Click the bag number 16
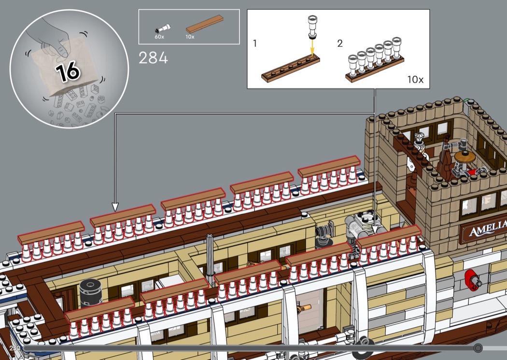click(67, 71)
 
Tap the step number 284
click(153, 58)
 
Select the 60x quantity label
click(159, 36)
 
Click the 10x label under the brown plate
click(190, 36)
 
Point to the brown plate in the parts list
click(205, 24)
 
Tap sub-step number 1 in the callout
click(255, 43)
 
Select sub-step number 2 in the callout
click(340, 43)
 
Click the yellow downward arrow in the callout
click(312, 46)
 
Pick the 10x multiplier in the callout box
click(415, 79)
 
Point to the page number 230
click(14, 347)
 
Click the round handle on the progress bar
click(478, 347)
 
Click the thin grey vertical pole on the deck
click(210, 256)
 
